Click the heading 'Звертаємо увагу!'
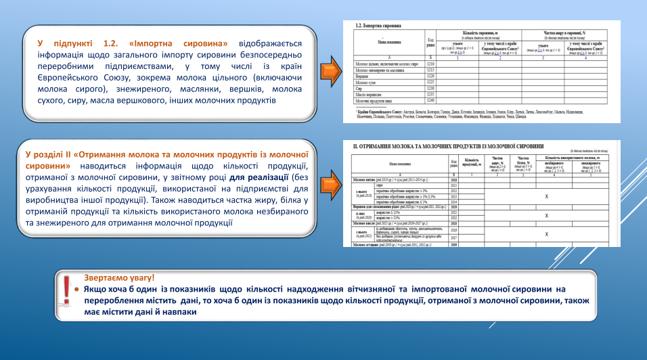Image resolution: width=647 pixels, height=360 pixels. click(x=119, y=277)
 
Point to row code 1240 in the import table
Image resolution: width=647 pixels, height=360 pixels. click(x=430, y=100)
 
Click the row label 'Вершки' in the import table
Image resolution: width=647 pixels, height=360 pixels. click(x=365, y=76)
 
